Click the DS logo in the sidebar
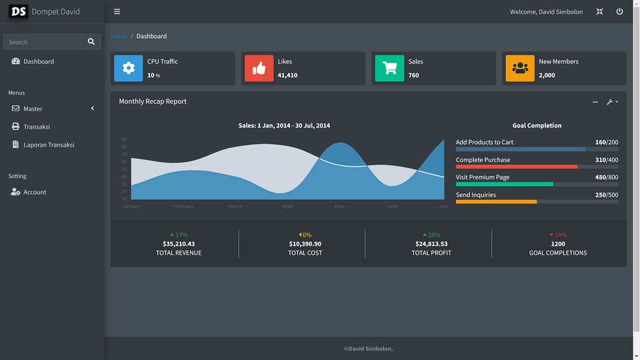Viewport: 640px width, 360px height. click(x=19, y=11)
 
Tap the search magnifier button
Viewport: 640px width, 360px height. click(x=91, y=42)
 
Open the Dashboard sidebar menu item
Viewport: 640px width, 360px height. click(x=39, y=61)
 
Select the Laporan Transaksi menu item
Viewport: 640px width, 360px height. click(x=49, y=145)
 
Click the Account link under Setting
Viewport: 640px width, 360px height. click(x=35, y=192)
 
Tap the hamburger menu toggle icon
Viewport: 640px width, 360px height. click(x=117, y=11)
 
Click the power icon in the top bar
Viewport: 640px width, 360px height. click(x=619, y=11)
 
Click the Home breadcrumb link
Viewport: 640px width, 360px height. click(x=119, y=36)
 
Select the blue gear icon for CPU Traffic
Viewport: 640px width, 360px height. click(x=129, y=68)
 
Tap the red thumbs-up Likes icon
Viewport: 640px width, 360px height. click(x=259, y=68)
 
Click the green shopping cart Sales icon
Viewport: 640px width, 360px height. click(x=389, y=68)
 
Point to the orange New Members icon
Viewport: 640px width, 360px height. click(x=520, y=68)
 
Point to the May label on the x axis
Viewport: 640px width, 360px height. click(x=340, y=207)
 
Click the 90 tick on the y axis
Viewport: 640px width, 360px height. click(x=124, y=140)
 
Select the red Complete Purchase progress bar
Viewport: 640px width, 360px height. click(x=517, y=167)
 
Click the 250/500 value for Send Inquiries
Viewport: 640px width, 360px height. click(x=606, y=195)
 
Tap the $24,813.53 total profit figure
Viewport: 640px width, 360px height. click(x=431, y=244)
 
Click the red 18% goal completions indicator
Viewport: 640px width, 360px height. click(x=558, y=235)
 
